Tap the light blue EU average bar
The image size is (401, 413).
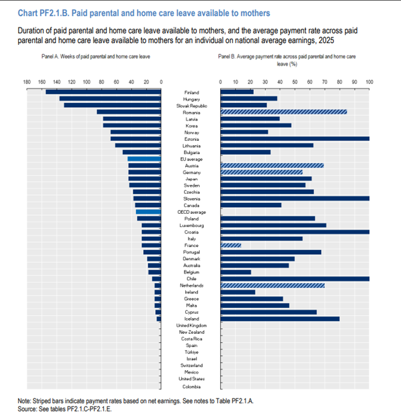pos(144,159)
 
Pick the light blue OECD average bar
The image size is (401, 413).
pos(148,212)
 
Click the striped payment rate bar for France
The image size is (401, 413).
pos(230,245)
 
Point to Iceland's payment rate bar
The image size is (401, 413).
pos(280,319)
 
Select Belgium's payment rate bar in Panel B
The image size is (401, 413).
pos(235,272)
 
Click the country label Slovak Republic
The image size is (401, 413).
pos(191,106)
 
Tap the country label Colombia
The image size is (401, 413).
pos(191,386)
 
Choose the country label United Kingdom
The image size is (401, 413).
pos(191,326)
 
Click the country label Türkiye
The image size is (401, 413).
pos(191,352)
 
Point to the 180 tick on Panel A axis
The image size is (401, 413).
pos(27,82)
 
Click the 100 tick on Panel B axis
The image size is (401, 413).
pos(369,82)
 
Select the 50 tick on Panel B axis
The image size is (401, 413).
pos(295,82)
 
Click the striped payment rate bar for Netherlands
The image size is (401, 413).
pos(272,285)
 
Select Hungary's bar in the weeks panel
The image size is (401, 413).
pos(110,99)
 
